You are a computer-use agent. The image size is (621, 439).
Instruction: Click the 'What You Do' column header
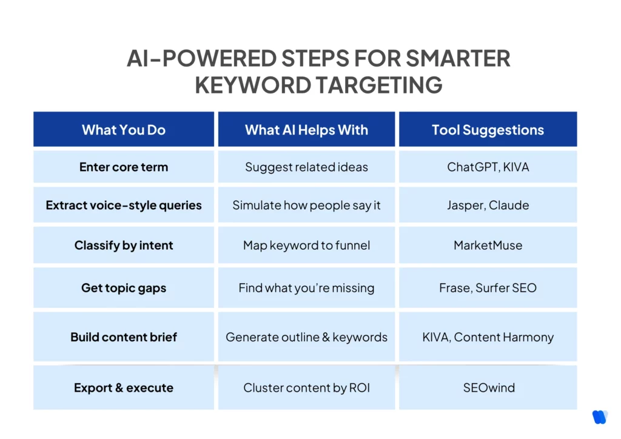[x=124, y=130]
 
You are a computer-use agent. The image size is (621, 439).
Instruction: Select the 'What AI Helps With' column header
[x=306, y=130]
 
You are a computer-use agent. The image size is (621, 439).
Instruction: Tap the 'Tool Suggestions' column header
[x=488, y=130]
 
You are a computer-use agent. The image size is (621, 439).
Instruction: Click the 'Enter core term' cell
[x=124, y=167]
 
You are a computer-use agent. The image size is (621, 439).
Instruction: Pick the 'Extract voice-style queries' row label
[x=124, y=205]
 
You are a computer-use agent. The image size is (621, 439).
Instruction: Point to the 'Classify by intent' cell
[x=124, y=246]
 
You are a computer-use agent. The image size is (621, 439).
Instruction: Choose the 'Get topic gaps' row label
[x=124, y=287]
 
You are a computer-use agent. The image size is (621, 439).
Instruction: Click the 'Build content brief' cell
[x=124, y=337]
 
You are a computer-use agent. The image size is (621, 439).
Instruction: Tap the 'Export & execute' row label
[x=124, y=387]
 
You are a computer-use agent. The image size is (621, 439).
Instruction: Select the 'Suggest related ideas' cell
[x=306, y=167]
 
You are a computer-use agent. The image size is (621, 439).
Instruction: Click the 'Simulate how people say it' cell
[x=306, y=205]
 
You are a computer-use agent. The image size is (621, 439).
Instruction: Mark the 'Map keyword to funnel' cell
[x=306, y=246]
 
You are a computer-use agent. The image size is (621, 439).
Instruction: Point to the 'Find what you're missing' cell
[x=306, y=287]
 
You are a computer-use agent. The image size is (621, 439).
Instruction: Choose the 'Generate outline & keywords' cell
[x=306, y=337]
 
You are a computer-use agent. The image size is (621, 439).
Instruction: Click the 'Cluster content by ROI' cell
[x=306, y=387]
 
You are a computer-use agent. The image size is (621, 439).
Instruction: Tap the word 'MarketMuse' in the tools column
[x=488, y=246]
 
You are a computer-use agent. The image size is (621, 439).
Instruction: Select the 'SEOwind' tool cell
[x=488, y=387]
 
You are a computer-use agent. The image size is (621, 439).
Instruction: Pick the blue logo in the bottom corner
[x=599, y=417]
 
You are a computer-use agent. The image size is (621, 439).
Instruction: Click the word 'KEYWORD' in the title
[x=252, y=85]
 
